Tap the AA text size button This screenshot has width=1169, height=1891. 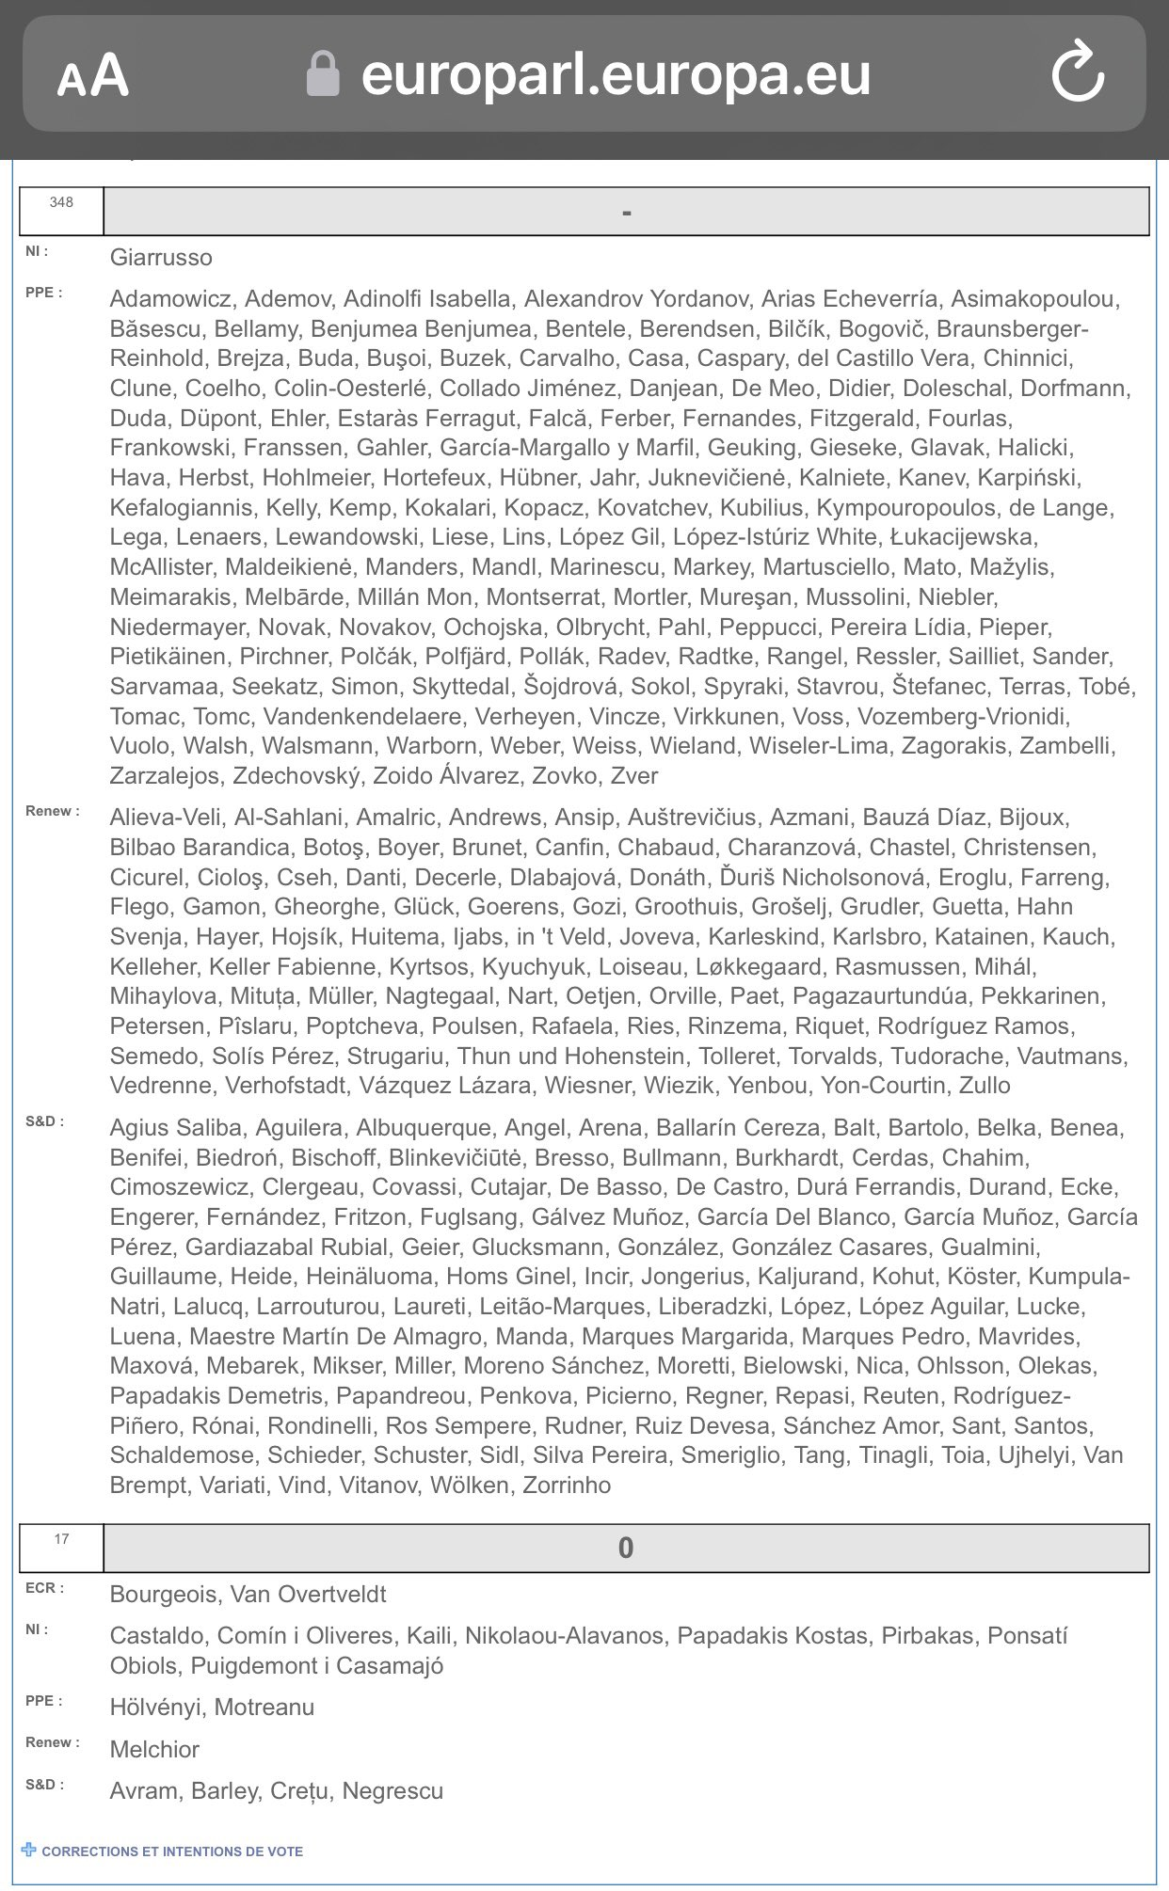92,75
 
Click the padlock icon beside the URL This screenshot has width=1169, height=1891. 323,74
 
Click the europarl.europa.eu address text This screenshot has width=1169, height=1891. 616,74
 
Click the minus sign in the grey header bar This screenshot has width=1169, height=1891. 626,213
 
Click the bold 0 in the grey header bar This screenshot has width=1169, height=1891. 626,1548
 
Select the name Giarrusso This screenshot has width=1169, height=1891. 161,258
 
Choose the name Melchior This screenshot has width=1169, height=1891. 154,1750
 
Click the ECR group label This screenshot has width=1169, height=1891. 45,1588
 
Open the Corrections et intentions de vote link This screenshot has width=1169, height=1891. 172,1851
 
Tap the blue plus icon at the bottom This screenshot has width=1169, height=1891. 29,1850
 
